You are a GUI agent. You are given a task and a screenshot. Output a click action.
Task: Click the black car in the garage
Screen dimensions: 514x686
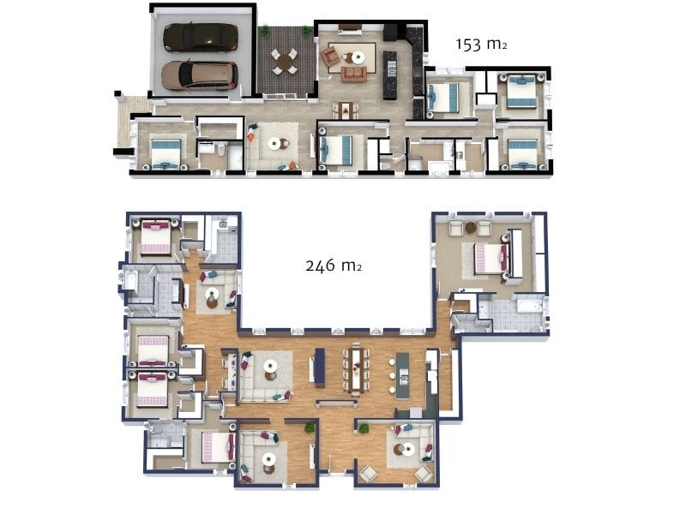(199, 37)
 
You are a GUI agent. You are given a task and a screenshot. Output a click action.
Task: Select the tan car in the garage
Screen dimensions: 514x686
(199, 75)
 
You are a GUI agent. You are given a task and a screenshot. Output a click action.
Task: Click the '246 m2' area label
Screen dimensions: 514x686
(333, 266)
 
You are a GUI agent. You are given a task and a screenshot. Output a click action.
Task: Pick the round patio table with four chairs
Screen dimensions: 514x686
(285, 60)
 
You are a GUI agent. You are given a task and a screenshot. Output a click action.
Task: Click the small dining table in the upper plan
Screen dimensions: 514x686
(346, 110)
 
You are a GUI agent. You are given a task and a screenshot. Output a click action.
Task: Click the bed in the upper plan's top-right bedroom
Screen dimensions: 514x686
(521, 92)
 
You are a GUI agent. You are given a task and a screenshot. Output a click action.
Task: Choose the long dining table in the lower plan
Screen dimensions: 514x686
(358, 367)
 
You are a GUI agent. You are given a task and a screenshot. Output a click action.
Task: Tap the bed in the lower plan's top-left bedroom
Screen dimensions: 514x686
(156, 236)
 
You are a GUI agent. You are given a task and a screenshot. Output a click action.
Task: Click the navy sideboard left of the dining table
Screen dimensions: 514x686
(320, 367)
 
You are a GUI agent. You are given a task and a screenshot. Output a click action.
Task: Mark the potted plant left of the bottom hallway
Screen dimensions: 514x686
(310, 426)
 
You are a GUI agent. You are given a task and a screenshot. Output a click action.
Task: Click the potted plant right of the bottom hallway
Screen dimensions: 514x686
(358, 426)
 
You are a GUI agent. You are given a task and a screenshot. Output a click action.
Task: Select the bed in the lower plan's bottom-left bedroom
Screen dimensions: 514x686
(217, 446)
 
